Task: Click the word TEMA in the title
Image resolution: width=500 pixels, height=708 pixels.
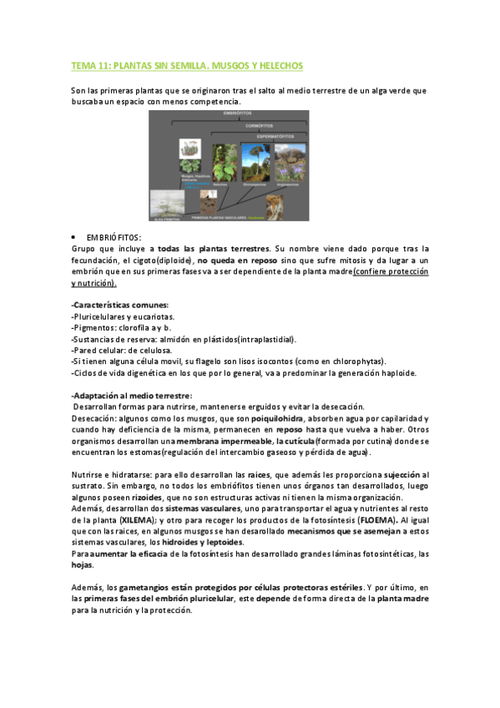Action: [x=83, y=65]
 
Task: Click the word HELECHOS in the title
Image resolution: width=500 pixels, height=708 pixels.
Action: [x=279, y=65]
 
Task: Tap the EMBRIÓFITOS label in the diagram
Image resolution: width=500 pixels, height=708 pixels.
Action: [x=238, y=113]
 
